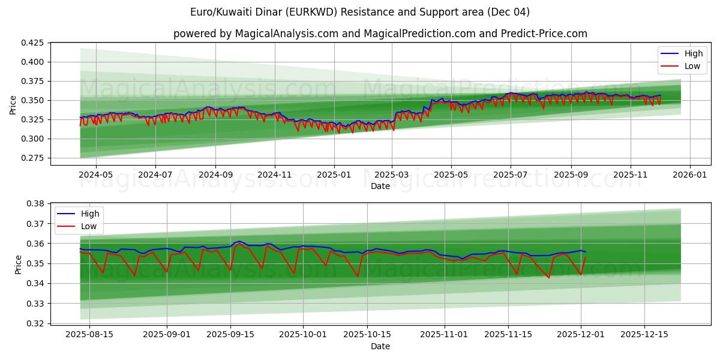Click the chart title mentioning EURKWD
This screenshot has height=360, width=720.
[x=360, y=12]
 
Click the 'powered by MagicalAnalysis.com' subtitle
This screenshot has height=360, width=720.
[x=380, y=34]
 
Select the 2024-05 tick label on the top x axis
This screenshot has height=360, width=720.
[x=96, y=175]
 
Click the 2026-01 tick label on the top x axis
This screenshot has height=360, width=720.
[x=689, y=175]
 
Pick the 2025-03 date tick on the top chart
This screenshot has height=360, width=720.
[x=392, y=175]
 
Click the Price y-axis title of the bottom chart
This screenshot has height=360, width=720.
[x=18, y=265]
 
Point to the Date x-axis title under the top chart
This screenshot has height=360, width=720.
[x=380, y=186]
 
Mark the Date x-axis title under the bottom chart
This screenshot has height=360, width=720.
[x=380, y=346]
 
